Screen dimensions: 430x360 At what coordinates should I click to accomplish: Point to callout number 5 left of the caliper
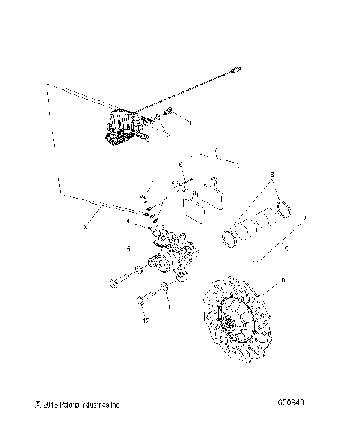[x=129, y=249]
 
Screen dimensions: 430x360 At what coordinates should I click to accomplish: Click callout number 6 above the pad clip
[x=180, y=165]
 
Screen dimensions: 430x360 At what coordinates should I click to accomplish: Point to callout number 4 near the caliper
[x=128, y=221]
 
